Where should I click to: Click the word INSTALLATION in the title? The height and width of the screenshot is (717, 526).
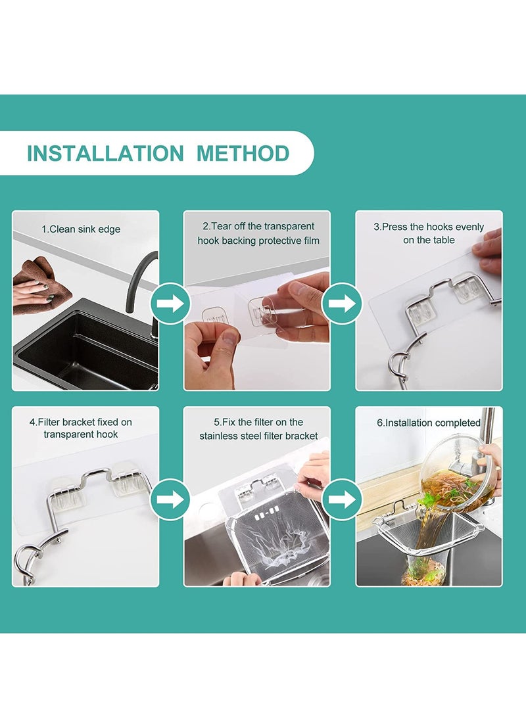105,153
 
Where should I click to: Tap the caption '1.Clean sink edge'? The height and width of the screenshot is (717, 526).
81,229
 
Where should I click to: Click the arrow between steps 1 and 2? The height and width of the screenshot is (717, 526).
170,303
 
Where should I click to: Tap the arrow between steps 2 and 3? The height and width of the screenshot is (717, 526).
342,303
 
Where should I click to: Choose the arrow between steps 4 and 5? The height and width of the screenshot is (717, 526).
170,499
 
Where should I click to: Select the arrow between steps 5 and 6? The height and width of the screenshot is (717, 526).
342,499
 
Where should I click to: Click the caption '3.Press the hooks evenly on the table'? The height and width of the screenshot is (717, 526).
429,233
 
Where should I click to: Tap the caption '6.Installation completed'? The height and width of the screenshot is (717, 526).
428,423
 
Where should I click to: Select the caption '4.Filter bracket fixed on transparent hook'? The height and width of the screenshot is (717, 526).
81,428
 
